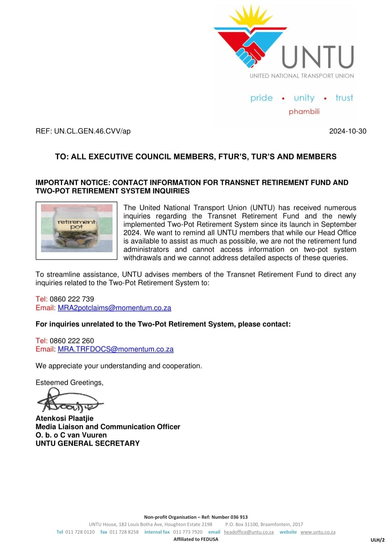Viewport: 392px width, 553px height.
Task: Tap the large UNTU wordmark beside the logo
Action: pos(318,57)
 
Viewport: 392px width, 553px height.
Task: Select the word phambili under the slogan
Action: pos(304,111)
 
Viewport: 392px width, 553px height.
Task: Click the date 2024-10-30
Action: pos(347,131)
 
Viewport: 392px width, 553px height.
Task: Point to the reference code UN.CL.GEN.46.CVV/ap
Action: pos(92,131)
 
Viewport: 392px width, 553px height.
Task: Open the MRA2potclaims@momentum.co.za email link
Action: pos(114,308)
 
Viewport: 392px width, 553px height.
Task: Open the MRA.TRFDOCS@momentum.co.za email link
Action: pos(115,349)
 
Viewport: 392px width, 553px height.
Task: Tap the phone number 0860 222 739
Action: pos(72,299)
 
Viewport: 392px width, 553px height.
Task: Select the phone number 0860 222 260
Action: pos(72,341)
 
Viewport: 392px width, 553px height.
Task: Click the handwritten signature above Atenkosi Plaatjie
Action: pos(69,401)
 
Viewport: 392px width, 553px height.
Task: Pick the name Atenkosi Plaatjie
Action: pos(65,418)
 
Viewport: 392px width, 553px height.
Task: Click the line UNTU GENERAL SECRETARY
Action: pos(87,443)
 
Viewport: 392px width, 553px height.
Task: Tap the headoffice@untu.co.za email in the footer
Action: pos(249,532)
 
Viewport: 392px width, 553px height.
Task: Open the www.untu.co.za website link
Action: pos(318,532)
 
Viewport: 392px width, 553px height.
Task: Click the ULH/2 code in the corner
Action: pos(377,540)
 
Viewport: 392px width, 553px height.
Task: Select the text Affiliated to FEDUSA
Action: pos(196,539)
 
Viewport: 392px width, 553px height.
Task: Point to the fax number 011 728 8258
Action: pos(124,532)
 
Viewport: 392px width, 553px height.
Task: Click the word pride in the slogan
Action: pos(261,98)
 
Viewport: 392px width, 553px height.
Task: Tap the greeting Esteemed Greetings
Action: pos(69,383)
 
